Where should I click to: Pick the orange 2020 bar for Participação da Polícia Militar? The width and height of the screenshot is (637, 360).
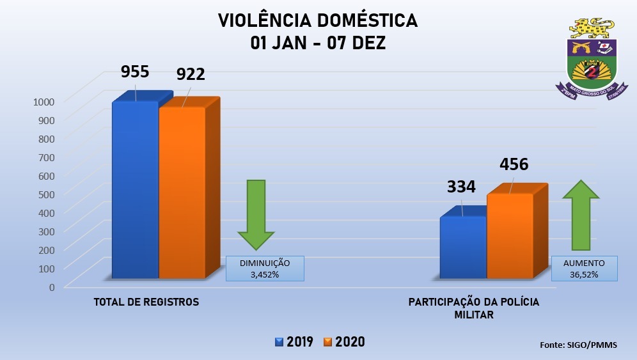(510, 236)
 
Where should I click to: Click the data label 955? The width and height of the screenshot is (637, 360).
(135, 72)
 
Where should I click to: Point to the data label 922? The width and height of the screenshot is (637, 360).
(191, 74)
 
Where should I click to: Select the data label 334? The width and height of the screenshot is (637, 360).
(461, 187)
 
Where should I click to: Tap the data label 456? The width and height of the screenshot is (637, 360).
(514, 164)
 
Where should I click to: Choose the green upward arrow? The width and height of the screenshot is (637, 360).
(581, 215)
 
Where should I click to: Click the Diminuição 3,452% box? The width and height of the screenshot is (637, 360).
(265, 269)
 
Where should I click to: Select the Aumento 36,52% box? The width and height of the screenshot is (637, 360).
(585, 269)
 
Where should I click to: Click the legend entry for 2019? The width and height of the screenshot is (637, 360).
(294, 341)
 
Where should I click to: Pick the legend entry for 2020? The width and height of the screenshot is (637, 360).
(345, 341)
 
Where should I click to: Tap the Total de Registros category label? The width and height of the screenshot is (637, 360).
(146, 302)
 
